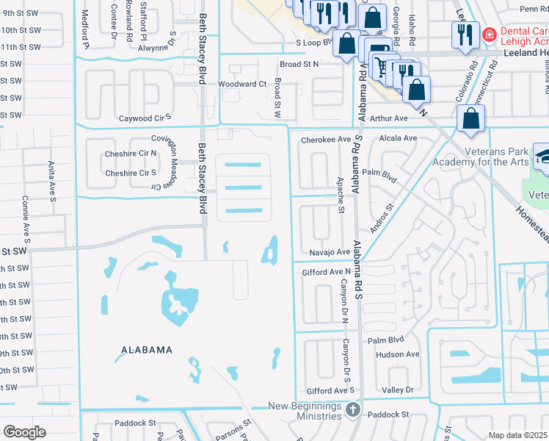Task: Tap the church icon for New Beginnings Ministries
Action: [x=352, y=409]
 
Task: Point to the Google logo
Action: [x=24, y=432]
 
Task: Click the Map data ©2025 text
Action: [x=518, y=435]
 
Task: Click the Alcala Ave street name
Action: [x=397, y=138]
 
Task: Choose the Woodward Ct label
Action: [x=242, y=85]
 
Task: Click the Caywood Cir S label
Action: [x=145, y=118]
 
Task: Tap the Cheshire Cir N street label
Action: [x=133, y=153]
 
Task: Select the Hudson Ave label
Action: [x=396, y=354]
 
